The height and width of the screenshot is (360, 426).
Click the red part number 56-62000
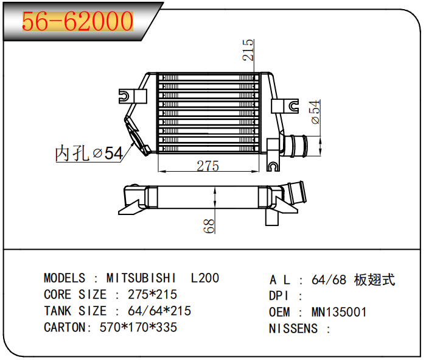(77, 21)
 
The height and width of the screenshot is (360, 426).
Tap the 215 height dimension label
(248, 50)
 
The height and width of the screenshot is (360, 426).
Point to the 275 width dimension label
(208, 166)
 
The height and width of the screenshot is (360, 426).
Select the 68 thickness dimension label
(209, 226)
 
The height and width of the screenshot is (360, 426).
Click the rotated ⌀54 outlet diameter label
(315, 112)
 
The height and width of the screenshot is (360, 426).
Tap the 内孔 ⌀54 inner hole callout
(89, 153)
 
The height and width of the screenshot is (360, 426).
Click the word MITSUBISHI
(141, 278)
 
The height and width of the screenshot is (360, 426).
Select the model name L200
(205, 278)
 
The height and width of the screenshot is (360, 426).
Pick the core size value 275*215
(152, 294)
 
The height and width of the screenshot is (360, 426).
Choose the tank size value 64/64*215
(159, 311)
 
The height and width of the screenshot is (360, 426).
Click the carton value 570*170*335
(138, 327)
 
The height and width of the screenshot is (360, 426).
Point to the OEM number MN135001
(339, 312)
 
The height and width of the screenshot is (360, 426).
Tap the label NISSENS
(293, 328)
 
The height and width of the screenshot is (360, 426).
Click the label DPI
(279, 296)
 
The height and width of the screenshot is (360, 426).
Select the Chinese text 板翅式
(374, 280)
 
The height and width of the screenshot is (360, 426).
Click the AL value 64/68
(329, 280)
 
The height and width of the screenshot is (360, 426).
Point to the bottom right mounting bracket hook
(273, 166)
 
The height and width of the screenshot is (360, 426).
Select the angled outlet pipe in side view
(294, 194)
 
